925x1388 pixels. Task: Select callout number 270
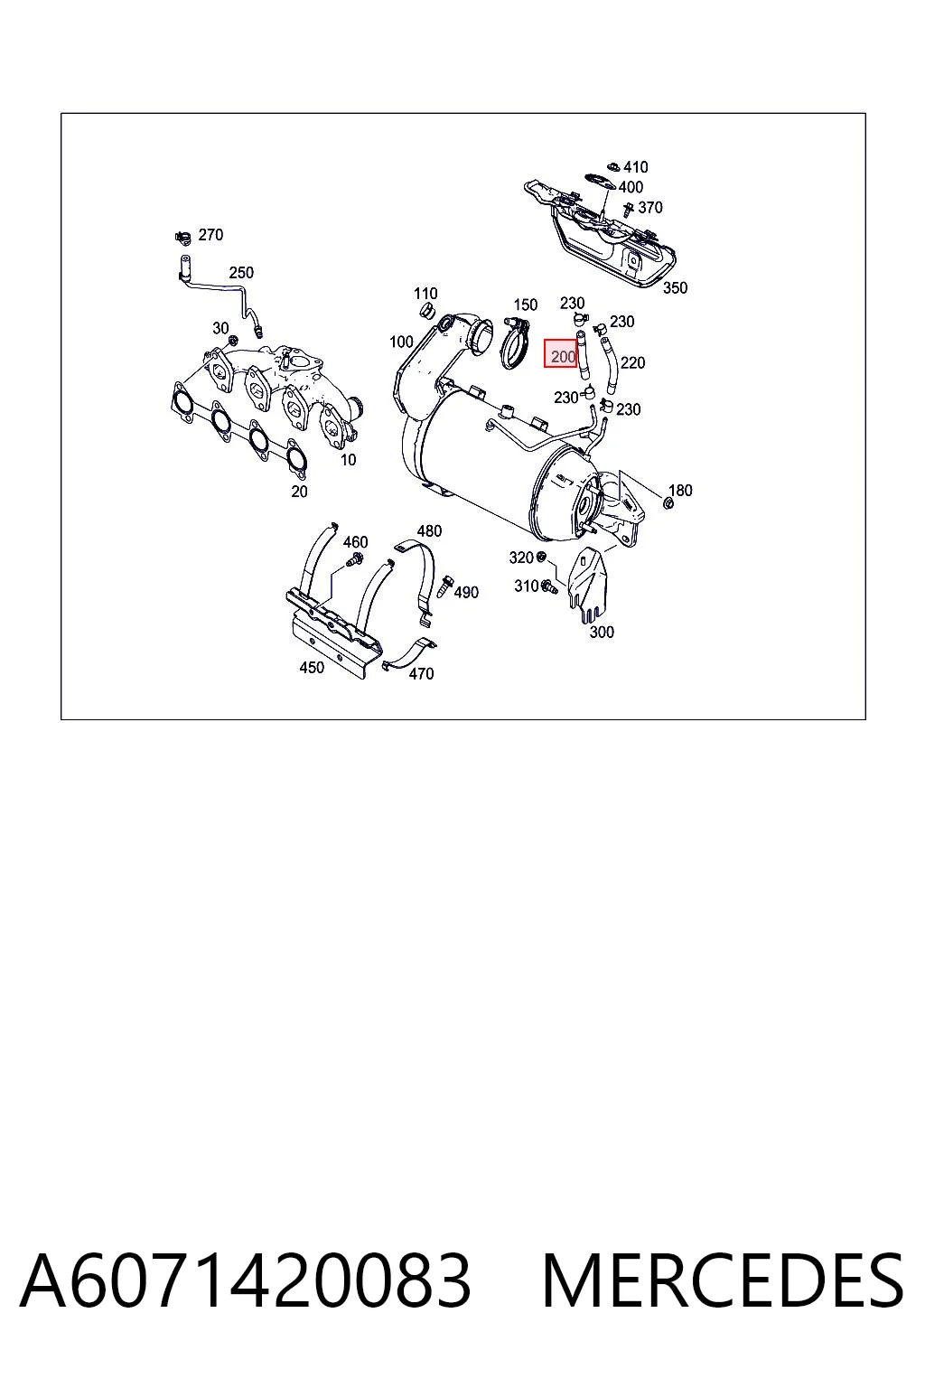pyautogui.click(x=210, y=235)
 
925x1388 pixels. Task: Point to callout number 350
pyautogui.click(x=675, y=287)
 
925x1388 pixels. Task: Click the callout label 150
pyautogui.click(x=526, y=305)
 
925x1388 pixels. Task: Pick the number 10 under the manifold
pyautogui.click(x=348, y=460)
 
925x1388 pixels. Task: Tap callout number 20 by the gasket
pyautogui.click(x=299, y=492)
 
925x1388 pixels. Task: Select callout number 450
pyautogui.click(x=312, y=668)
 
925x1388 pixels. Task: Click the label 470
pyautogui.click(x=421, y=673)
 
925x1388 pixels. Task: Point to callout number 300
pyautogui.click(x=602, y=632)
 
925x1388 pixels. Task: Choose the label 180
pyautogui.click(x=680, y=490)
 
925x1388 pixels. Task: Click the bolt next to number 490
pyautogui.click(x=444, y=586)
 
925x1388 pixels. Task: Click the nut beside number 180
pyautogui.click(x=668, y=502)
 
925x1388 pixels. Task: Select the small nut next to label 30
pyautogui.click(x=233, y=340)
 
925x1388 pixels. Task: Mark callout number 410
pyautogui.click(x=636, y=167)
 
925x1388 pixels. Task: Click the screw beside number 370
pyautogui.click(x=630, y=211)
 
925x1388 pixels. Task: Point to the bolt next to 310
pyautogui.click(x=549, y=586)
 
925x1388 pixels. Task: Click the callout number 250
pyautogui.click(x=241, y=273)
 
